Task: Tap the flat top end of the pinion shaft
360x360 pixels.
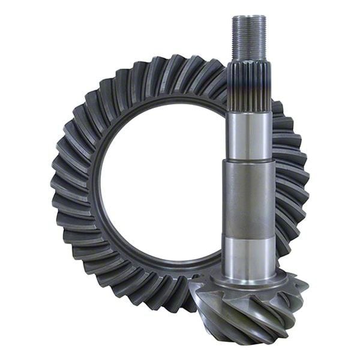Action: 249,17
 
